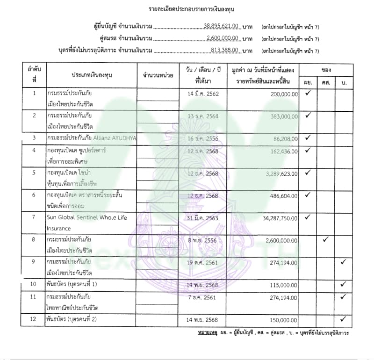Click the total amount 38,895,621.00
point(222,26)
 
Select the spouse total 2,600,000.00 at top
point(223,38)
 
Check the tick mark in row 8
point(325,239)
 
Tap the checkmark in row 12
point(343,319)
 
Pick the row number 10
point(34,284)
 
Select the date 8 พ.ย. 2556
point(203,240)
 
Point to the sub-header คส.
point(325,82)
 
